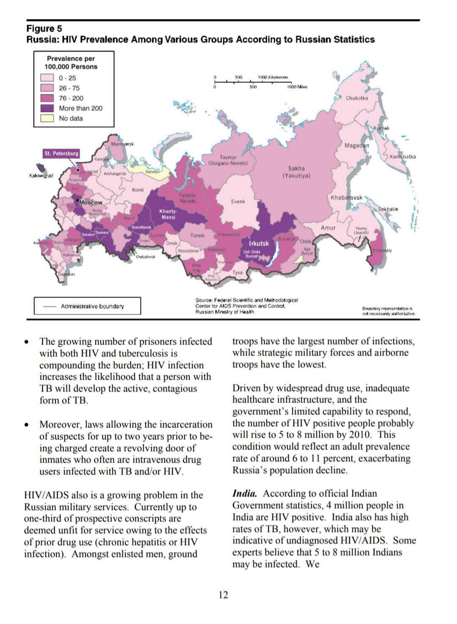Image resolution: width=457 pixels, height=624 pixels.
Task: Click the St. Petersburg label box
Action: point(61,154)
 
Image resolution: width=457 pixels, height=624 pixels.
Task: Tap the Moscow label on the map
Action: point(91,203)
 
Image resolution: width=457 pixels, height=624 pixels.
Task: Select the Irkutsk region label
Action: point(259,244)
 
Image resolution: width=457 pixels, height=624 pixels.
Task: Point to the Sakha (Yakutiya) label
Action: point(296,172)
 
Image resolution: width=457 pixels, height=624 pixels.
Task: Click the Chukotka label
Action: point(357,98)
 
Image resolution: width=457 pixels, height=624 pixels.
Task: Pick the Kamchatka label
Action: point(402,157)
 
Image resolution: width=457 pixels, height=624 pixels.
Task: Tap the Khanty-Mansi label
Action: point(168,214)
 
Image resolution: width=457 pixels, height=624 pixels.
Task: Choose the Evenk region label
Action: point(238,202)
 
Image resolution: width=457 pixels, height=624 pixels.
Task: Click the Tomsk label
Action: point(197,236)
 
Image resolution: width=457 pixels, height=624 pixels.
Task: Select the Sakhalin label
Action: point(388,209)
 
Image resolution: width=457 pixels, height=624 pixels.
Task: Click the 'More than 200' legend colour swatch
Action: point(47,108)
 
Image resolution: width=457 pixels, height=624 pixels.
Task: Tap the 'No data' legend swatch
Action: point(47,118)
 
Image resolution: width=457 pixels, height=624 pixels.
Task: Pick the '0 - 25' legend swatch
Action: point(47,78)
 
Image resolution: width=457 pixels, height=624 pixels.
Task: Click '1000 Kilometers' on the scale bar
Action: point(273,77)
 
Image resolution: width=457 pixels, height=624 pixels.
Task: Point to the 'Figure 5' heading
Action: point(44,29)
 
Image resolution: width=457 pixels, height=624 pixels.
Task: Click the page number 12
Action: point(223,595)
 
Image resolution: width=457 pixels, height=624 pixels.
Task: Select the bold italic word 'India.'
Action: point(245,494)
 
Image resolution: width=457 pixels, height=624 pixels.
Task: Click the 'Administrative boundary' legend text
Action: point(92,306)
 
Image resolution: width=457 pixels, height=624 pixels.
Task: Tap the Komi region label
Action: point(138,190)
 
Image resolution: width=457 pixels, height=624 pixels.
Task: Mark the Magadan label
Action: point(357,146)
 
